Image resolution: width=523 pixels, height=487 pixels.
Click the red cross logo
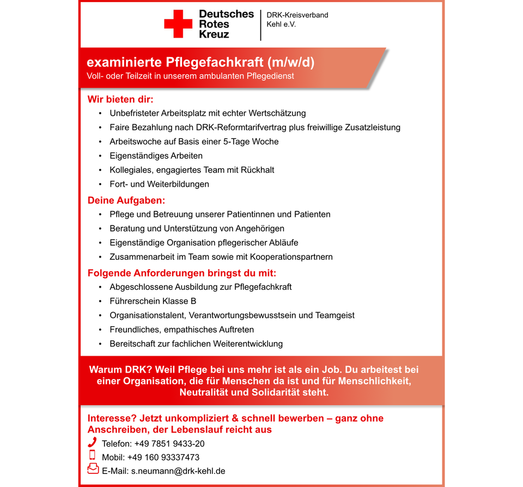(x=178, y=24)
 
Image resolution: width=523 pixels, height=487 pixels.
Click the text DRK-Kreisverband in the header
(x=297, y=15)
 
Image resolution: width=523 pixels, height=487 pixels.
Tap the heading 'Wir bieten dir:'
(x=120, y=100)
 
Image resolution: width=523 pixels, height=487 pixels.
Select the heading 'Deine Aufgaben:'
(x=126, y=200)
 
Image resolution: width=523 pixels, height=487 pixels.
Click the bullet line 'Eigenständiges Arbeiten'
(x=156, y=156)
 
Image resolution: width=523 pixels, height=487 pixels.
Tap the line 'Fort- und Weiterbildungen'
(x=159, y=184)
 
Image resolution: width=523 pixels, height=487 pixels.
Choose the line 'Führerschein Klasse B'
(x=153, y=301)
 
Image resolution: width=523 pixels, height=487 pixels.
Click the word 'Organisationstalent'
(x=147, y=315)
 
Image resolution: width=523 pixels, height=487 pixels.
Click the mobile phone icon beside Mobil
(x=92, y=455)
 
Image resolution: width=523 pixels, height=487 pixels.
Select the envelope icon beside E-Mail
(x=93, y=468)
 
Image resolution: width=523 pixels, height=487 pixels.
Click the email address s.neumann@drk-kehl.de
(x=178, y=471)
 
